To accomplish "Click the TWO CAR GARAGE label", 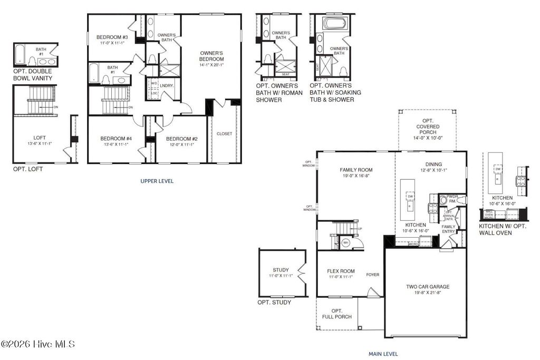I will point(428,287).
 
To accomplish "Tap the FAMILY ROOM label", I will point(356,170).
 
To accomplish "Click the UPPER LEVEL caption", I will point(157,181).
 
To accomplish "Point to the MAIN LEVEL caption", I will point(383,354).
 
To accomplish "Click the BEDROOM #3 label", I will point(112,37).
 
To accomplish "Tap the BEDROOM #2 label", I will point(181,139).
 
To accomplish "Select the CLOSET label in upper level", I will point(224,134).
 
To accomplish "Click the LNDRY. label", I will point(167,85).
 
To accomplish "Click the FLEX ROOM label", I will point(340,271).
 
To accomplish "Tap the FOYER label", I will point(373,275).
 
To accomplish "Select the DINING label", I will point(433,164).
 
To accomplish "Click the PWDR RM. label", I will point(452,198).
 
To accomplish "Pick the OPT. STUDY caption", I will point(274,303).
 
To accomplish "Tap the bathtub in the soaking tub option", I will point(333,24).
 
